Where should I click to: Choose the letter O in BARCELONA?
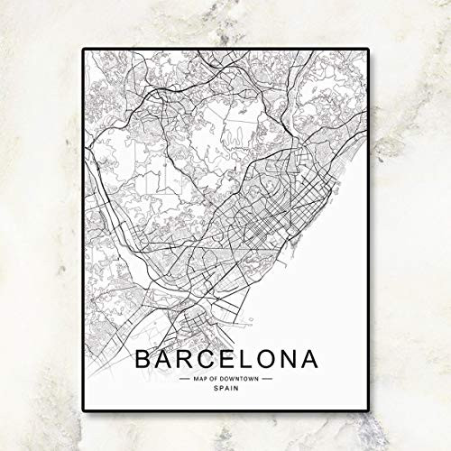pos(268,358)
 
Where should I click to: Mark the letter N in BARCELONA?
pos(290,358)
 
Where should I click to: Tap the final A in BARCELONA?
pos(311,358)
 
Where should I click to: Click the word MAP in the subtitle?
pos(200,380)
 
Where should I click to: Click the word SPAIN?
pos(226,390)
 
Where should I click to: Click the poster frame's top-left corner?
pos(84,49)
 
